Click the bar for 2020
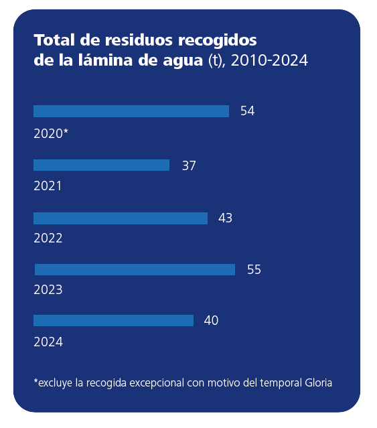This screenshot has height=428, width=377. click(131, 111)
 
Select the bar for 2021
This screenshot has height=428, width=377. click(101, 165)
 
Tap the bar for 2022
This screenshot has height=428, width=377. click(121, 218)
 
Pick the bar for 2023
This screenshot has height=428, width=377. click(135, 269)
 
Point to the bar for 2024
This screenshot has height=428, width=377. click(113, 320)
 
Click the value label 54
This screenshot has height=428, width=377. click(247, 111)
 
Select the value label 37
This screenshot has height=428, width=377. click(189, 165)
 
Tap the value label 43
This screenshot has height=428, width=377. click(225, 218)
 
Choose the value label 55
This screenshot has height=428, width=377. click(254, 270)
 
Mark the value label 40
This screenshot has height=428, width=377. click(211, 321)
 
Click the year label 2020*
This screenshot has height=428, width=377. click(51, 133)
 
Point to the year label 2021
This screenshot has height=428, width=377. click(48, 186)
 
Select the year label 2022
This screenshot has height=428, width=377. click(48, 238)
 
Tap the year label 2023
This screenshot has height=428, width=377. click(48, 290)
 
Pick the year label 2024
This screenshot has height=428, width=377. click(48, 342)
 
